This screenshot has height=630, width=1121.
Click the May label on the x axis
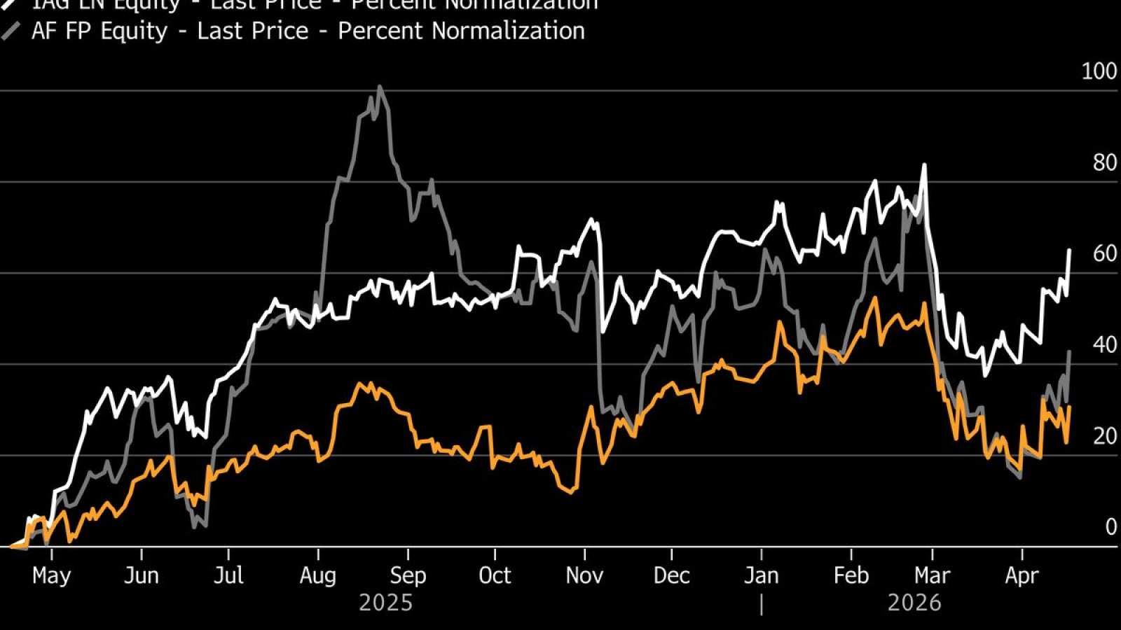(51, 575)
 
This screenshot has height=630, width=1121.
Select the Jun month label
(141, 575)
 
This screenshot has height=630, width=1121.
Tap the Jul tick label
(228, 575)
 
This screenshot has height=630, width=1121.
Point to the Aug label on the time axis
(318, 575)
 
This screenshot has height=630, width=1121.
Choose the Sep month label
(408, 575)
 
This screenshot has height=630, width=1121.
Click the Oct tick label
(495, 575)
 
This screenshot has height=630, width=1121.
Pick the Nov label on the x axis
(584, 575)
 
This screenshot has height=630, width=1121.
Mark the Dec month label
(671, 575)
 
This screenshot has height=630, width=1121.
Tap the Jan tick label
(761, 575)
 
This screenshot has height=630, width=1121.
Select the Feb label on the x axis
(851, 575)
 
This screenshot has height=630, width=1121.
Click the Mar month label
(932, 575)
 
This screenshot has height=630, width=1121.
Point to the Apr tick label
(1022, 575)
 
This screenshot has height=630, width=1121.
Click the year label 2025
(385, 603)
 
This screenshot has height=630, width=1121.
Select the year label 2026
(914, 603)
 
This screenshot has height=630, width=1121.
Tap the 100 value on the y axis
(1099, 71)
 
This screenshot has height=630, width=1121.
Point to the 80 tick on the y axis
(1105, 162)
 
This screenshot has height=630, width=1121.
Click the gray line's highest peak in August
(379, 87)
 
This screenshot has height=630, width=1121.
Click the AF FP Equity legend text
(308, 31)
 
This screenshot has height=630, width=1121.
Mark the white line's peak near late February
(924, 165)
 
